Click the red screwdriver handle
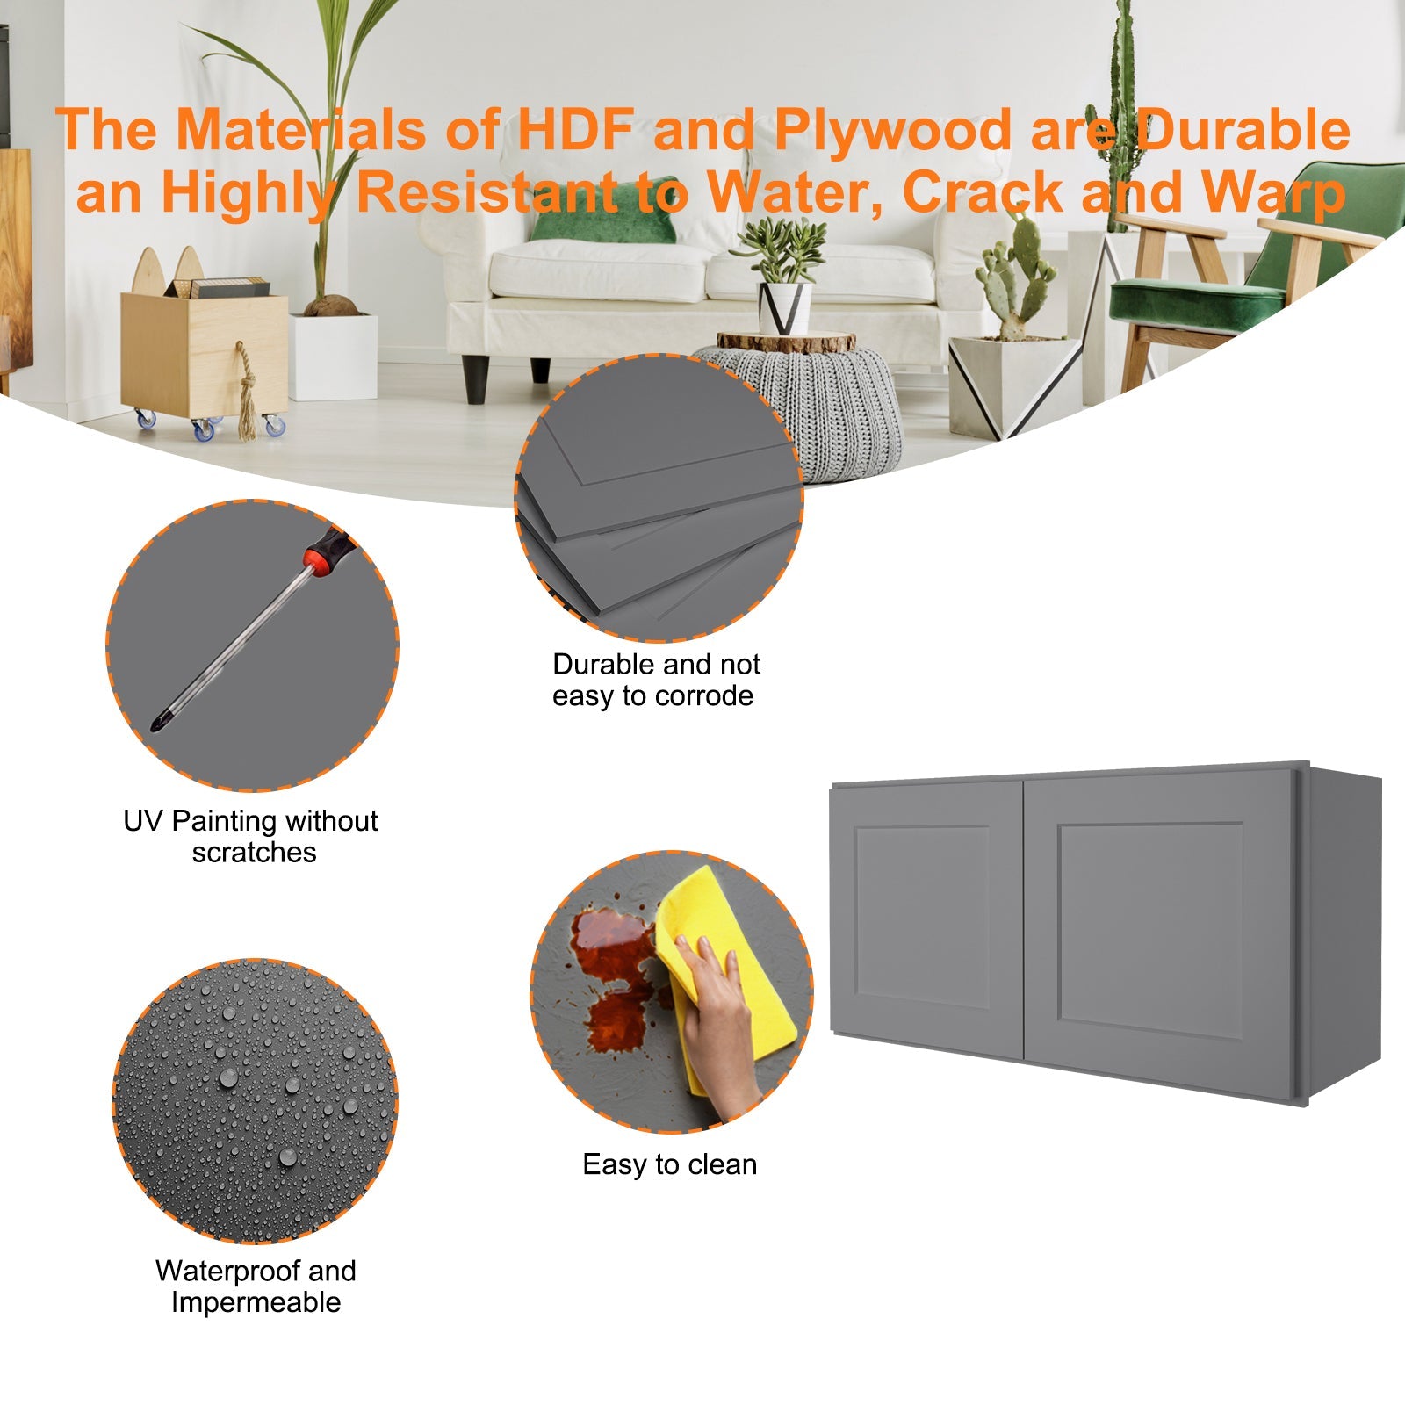coord(328,552)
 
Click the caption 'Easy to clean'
coord(670,1164)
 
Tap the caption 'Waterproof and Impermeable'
coord(256,1286)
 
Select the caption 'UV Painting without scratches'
coord(251,836)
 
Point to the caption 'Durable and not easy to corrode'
coord(656,680)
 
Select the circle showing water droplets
coord(256,1101)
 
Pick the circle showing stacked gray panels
coord(659,498)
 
